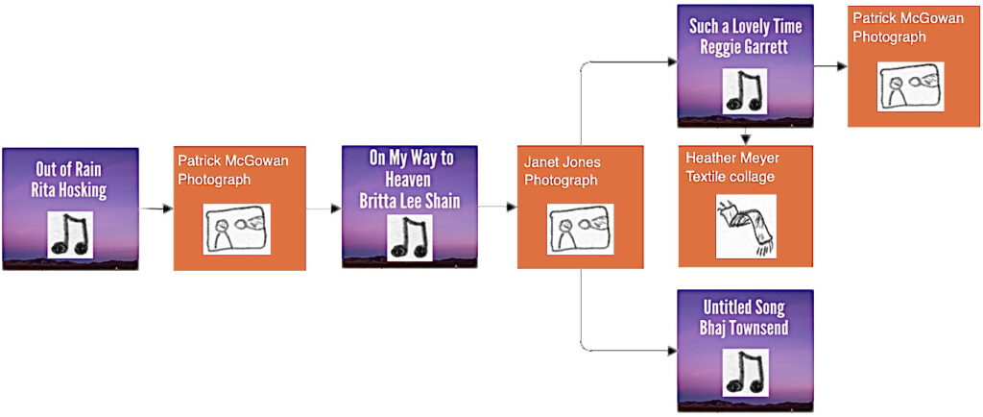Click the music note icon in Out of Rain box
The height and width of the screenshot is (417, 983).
[x=70, y=233]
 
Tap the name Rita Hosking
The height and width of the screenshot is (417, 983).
[x=69, y=190]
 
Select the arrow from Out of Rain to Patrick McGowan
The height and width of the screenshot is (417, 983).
[x=156, y=208]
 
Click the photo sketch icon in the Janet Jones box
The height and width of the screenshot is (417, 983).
[x=580, y=229]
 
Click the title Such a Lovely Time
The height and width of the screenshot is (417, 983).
[x=745, y=26]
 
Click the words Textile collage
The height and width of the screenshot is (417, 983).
[x=731, y=177]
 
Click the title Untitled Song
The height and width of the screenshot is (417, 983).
[x=745, y=307]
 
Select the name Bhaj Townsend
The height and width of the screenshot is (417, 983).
[x=745, y=329]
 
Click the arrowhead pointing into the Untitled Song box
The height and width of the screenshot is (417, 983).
[x=672, y=351]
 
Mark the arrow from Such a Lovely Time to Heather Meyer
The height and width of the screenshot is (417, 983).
[x=745, y=136]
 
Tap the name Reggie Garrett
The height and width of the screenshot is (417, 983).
[x=745, y=47]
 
